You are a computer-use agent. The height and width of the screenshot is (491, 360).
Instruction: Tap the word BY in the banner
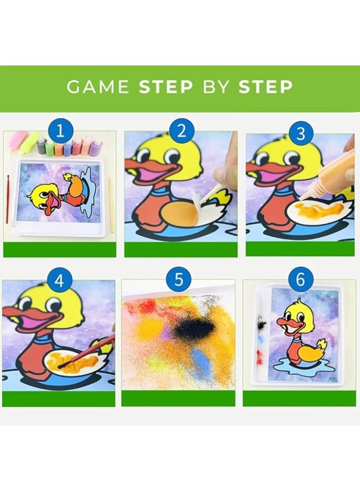(x=215, y=86)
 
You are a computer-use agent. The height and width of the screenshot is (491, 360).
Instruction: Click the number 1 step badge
(x=60, y=131)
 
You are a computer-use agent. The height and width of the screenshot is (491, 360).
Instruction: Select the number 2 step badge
(x=181, y=131)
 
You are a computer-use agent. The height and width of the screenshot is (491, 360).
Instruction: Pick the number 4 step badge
(x=59, y=280)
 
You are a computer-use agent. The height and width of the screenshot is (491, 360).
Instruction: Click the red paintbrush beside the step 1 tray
(x=8, y=200)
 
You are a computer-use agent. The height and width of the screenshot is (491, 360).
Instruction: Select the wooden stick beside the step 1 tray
(x=111, y=205)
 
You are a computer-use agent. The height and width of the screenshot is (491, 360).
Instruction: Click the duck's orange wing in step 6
(x=310, y=352)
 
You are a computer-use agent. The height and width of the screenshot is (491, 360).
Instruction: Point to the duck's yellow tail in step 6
(x=321, y=345)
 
